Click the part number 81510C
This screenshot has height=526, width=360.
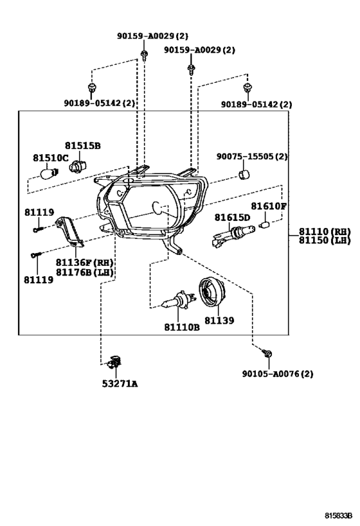tap(50, 157)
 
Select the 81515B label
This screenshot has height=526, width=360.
tap(83, 146)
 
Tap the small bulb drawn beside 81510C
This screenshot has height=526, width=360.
tap(50, 173)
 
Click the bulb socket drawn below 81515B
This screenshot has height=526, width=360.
tap(78, 166)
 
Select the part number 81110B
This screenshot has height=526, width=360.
tap(182, 327)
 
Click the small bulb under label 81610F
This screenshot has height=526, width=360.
tap(265, 224)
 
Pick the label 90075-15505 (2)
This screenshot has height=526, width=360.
tap(252, 156)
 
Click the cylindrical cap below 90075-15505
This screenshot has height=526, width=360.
tap(244, 175)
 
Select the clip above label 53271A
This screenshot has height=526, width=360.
tap(115, 362)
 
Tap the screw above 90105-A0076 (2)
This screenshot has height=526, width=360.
tap(267, 353)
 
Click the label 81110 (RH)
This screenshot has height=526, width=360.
tap(325, 231)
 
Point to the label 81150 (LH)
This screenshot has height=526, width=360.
tap(325, 240)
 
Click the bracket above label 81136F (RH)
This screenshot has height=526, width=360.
tap(70, 231)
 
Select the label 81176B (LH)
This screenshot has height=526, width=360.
tap(85, 272)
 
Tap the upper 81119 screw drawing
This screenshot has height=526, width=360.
tap(39, 229)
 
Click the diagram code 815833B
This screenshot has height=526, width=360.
tap(339, 515)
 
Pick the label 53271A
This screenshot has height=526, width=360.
tap(120, 383)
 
